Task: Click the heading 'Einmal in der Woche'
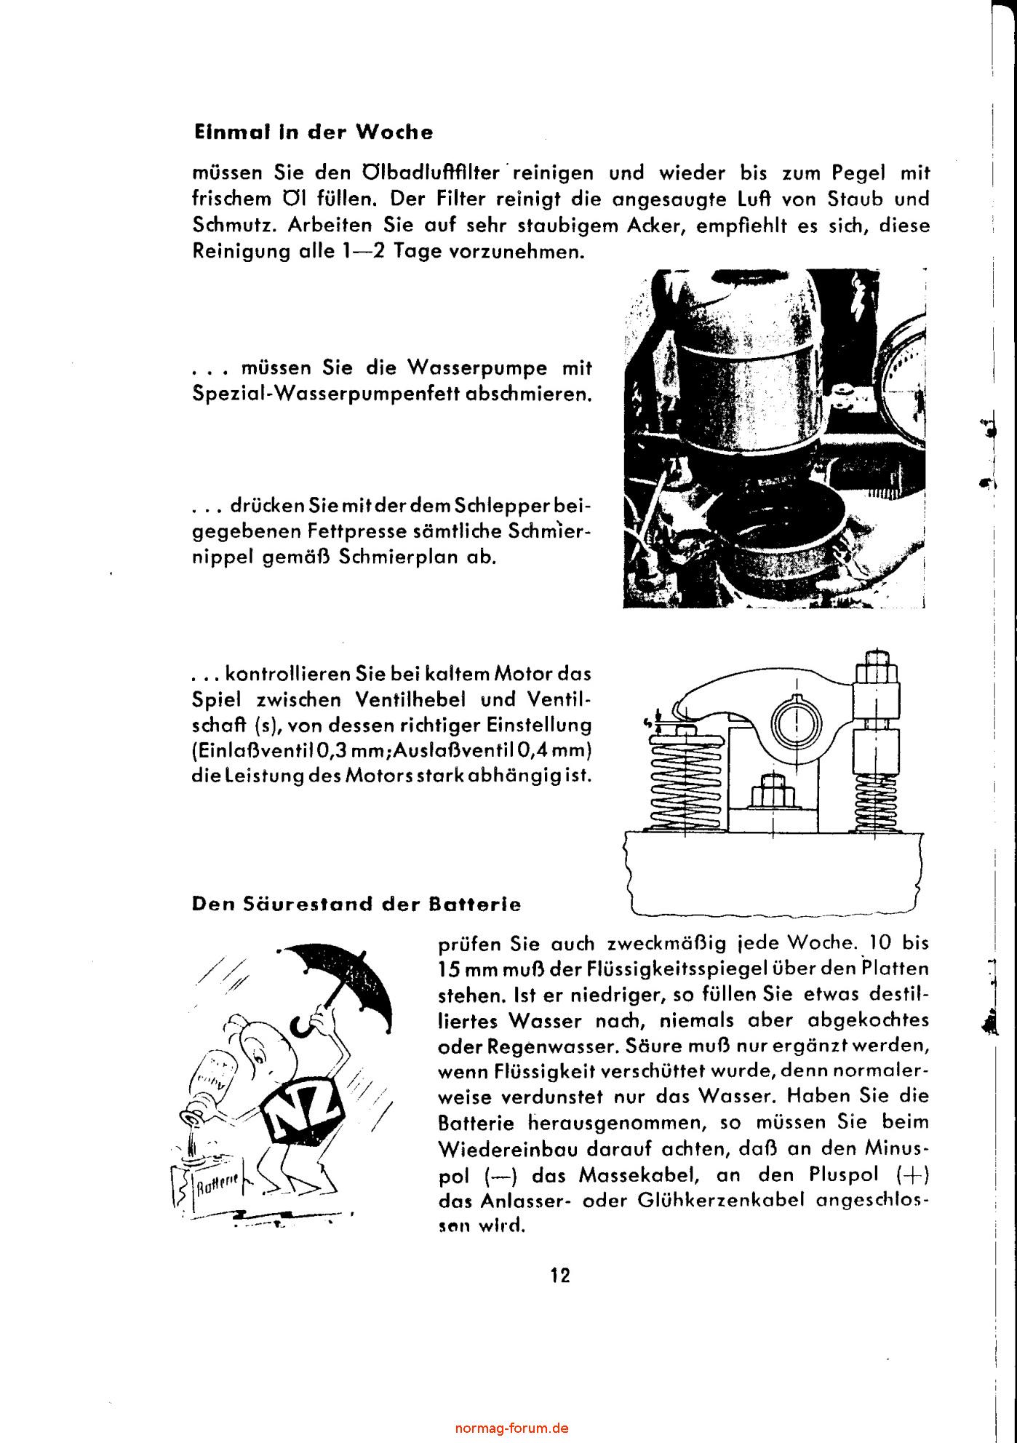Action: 313,132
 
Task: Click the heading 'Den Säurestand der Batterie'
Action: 356,904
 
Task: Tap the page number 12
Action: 560,1276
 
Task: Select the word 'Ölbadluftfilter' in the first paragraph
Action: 431,173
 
